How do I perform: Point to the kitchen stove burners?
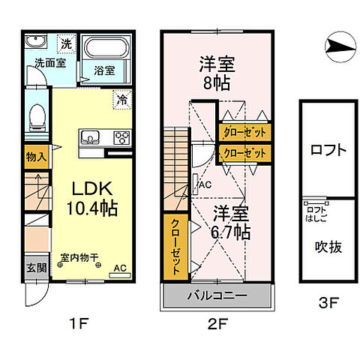pyautogui.click(x=120, y=137)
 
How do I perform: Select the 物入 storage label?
pyautogui.click(x=35, y=157)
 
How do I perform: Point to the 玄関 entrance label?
pyautogui.click(x=35, y=268)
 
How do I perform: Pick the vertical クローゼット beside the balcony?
pyautogui.click(x=175, y=246)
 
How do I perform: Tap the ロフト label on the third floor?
pyautogui.click(x=328, y=150)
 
